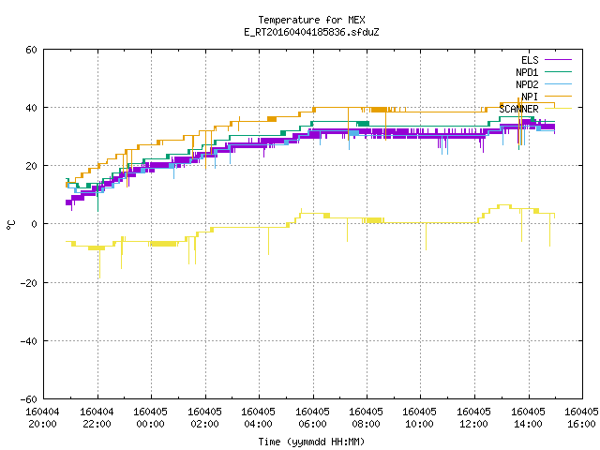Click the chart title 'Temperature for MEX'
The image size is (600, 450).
click(311, 20)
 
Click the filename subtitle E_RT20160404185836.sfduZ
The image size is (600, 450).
click(311, 32)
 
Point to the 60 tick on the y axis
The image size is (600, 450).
click(31, 50)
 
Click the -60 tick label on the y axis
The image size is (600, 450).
click(29, 399)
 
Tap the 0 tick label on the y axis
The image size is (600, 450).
click(34, 224)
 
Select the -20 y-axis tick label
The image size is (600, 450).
click(29, 283)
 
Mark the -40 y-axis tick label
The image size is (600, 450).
click(29, 341)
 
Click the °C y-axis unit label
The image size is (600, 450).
click(10, 225)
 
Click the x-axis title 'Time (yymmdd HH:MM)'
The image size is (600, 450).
click(311, 442)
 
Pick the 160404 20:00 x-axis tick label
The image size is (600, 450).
click(42, 418)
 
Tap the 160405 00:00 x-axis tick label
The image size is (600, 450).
click(150, 418)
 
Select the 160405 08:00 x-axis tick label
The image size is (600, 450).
click(366, 418)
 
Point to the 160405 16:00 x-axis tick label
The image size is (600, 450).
click(581, 418)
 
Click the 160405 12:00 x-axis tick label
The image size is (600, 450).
click(473, 418)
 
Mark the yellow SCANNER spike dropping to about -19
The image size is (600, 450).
click(99, 264)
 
